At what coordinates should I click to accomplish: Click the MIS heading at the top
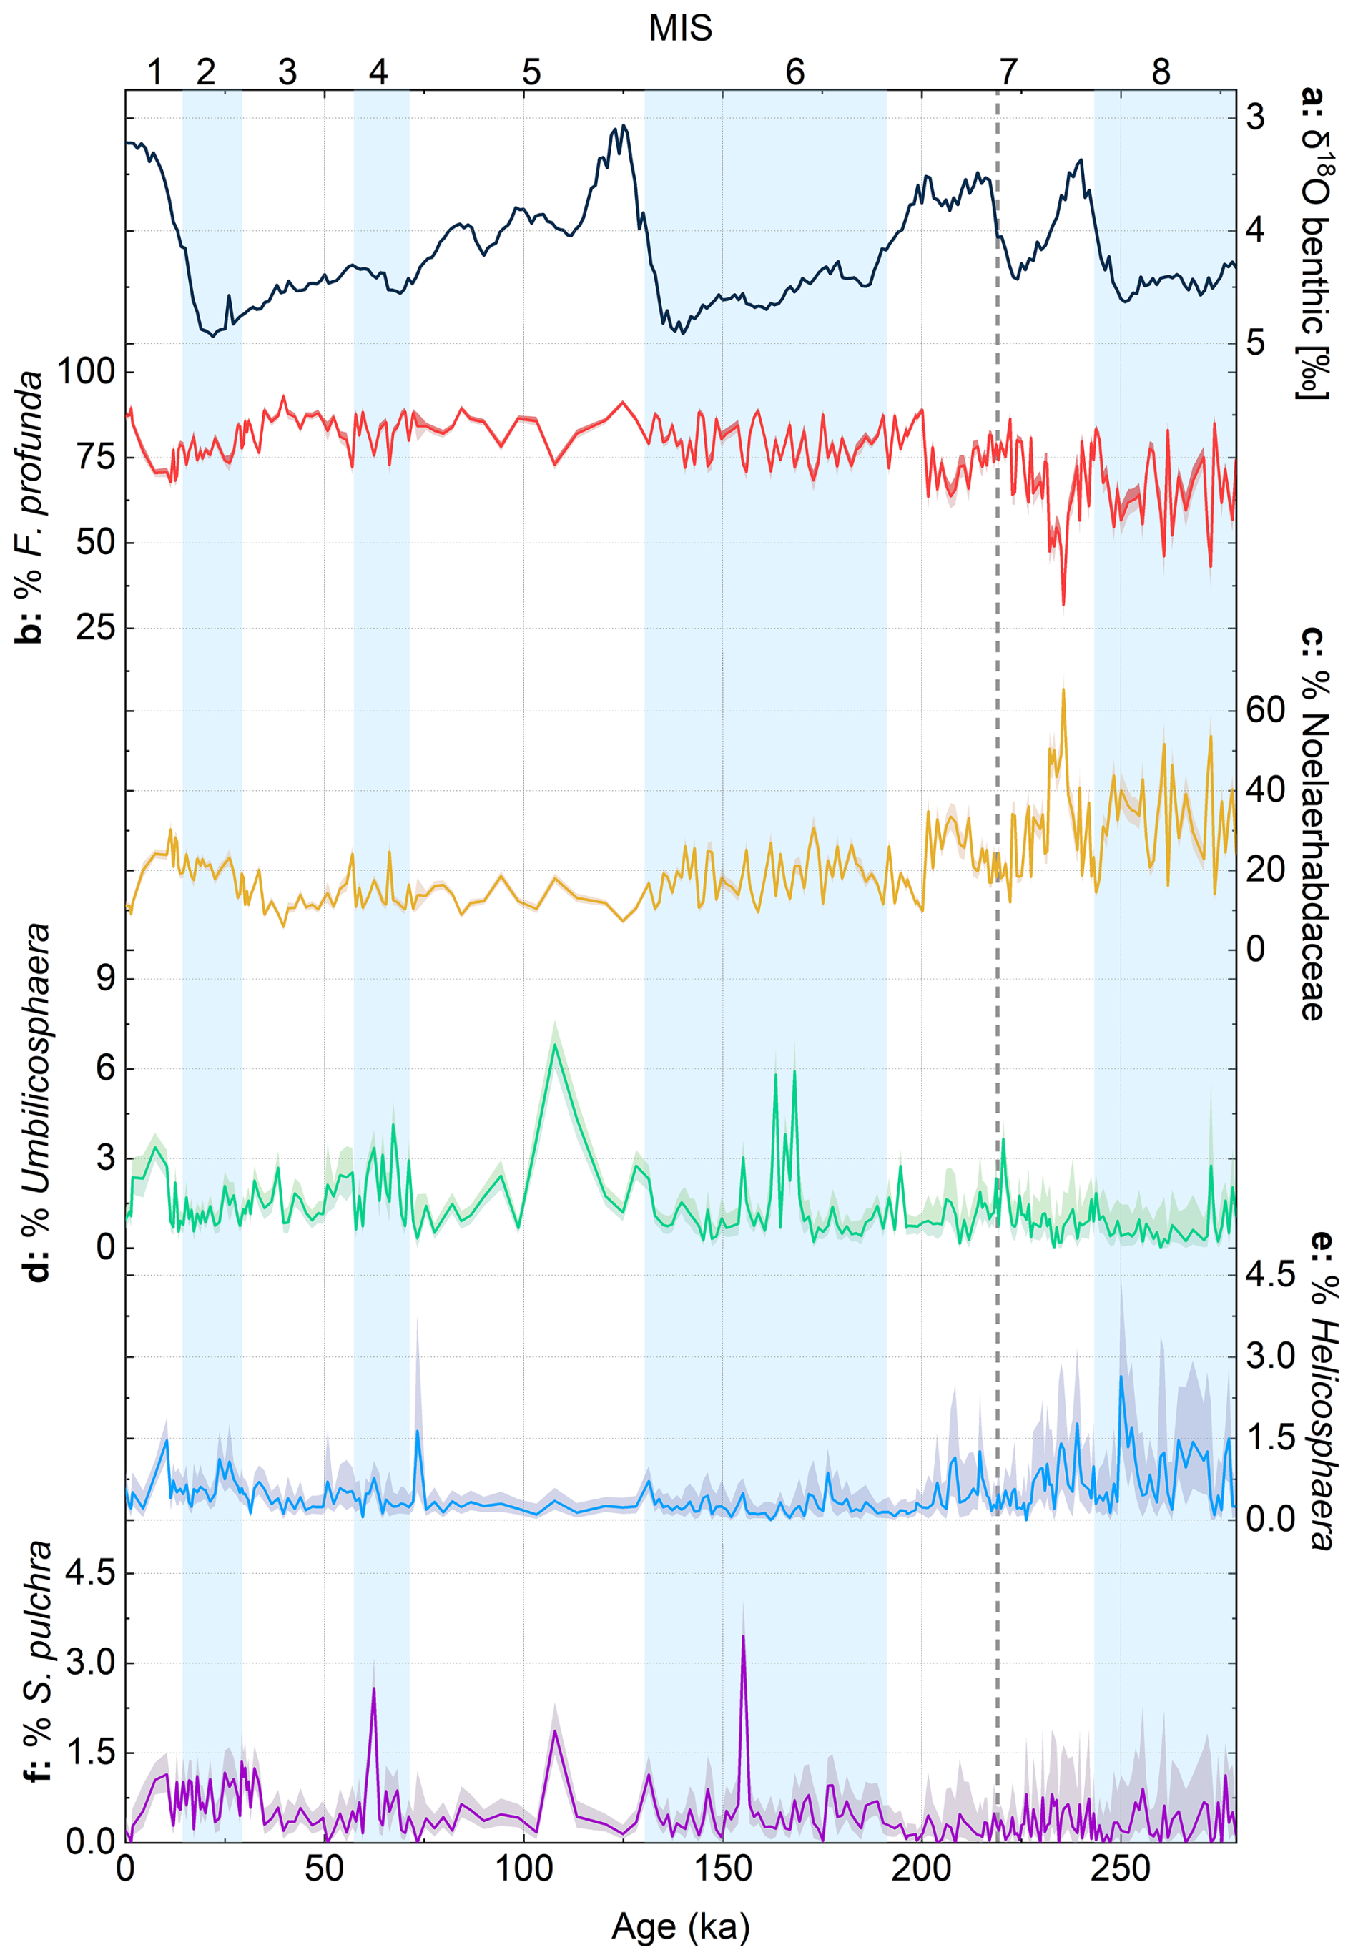coord(680,29)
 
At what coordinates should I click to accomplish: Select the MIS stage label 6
coord(794,73)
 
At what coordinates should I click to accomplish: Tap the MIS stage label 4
coord(378,73)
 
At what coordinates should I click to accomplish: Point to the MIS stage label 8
coord(1161,73)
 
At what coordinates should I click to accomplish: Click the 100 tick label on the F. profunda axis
coord(86,371)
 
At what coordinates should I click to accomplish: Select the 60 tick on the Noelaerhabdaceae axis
coord(1265,710)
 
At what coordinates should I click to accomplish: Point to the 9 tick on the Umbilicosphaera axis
coord(105,979)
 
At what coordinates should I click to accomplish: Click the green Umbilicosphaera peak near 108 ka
coord(555,1045)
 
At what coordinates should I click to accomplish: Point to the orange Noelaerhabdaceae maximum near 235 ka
coord(1063,689)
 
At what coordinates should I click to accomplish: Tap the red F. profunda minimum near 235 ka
coord(1063,604)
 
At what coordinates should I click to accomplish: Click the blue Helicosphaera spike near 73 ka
coord(417,1432)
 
